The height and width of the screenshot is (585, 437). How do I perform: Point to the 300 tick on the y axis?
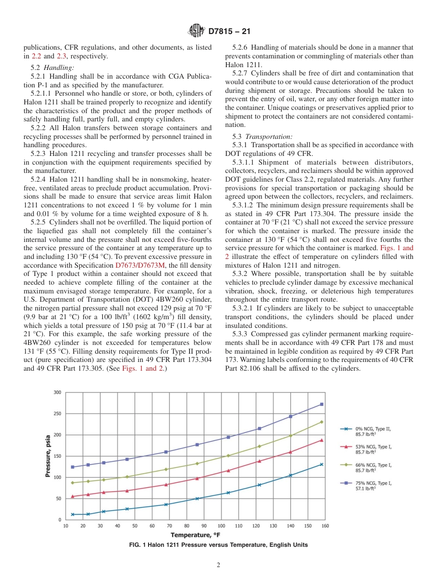57,392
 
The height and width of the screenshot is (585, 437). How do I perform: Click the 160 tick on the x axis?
325,526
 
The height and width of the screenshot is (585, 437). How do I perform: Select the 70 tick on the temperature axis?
169,526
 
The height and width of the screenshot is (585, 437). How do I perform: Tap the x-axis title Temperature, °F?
195,535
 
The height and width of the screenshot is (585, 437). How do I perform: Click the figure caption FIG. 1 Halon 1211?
218,545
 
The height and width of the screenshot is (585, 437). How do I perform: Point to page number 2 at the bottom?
218,565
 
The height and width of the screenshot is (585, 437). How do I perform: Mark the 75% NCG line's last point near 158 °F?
322,404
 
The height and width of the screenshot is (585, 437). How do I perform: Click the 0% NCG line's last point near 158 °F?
322,465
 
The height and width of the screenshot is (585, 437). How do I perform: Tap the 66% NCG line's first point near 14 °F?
72,482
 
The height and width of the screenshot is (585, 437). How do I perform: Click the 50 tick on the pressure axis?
58,499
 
